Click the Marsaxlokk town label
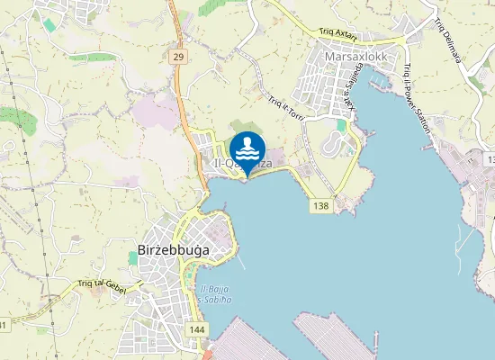355,53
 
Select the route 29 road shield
178,56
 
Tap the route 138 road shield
320,206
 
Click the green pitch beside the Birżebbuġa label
133,258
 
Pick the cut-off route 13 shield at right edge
490,158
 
